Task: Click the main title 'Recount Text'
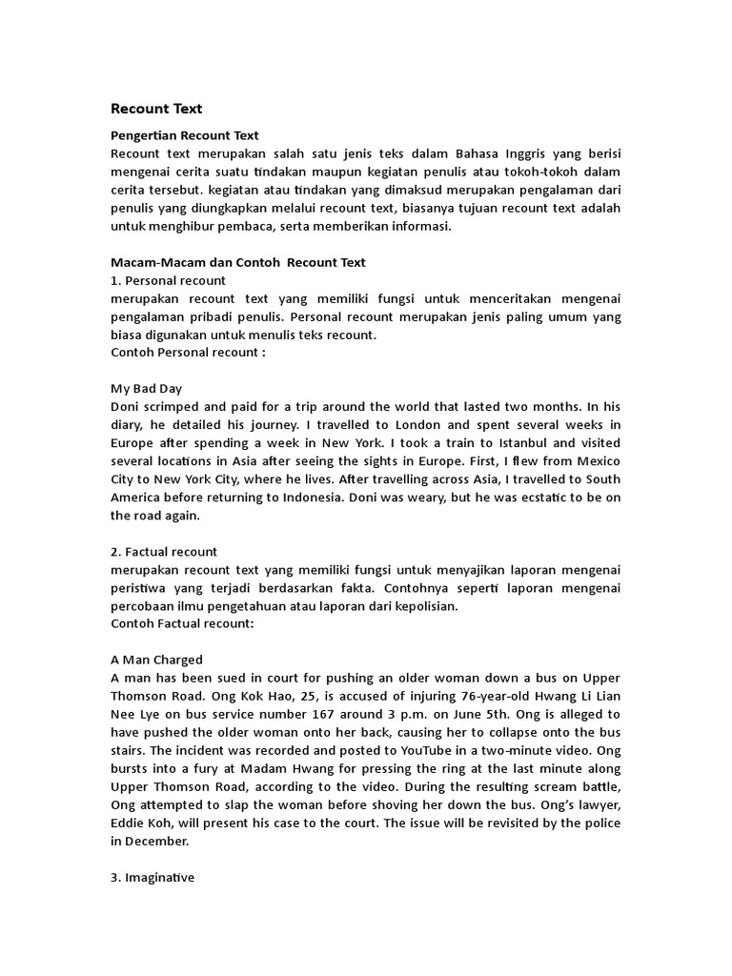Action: click(x=156, y=109)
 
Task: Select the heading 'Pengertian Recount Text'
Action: click(x=185, y=136)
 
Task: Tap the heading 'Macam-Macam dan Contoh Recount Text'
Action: click(x=238, y=262)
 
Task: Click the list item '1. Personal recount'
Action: click(x=168, y=280)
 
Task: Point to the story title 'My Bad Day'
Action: click(x=147, y=389)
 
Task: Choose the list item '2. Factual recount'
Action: click(x=164, y=551)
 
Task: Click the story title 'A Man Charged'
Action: click(x=156, y=660)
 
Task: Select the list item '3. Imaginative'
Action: click(x=152, y=877)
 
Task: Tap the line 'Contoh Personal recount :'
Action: click(x=188, y=353)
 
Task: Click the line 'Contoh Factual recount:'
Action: click(x=181, y=623)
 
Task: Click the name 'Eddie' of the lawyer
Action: click(x=131, y=823)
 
